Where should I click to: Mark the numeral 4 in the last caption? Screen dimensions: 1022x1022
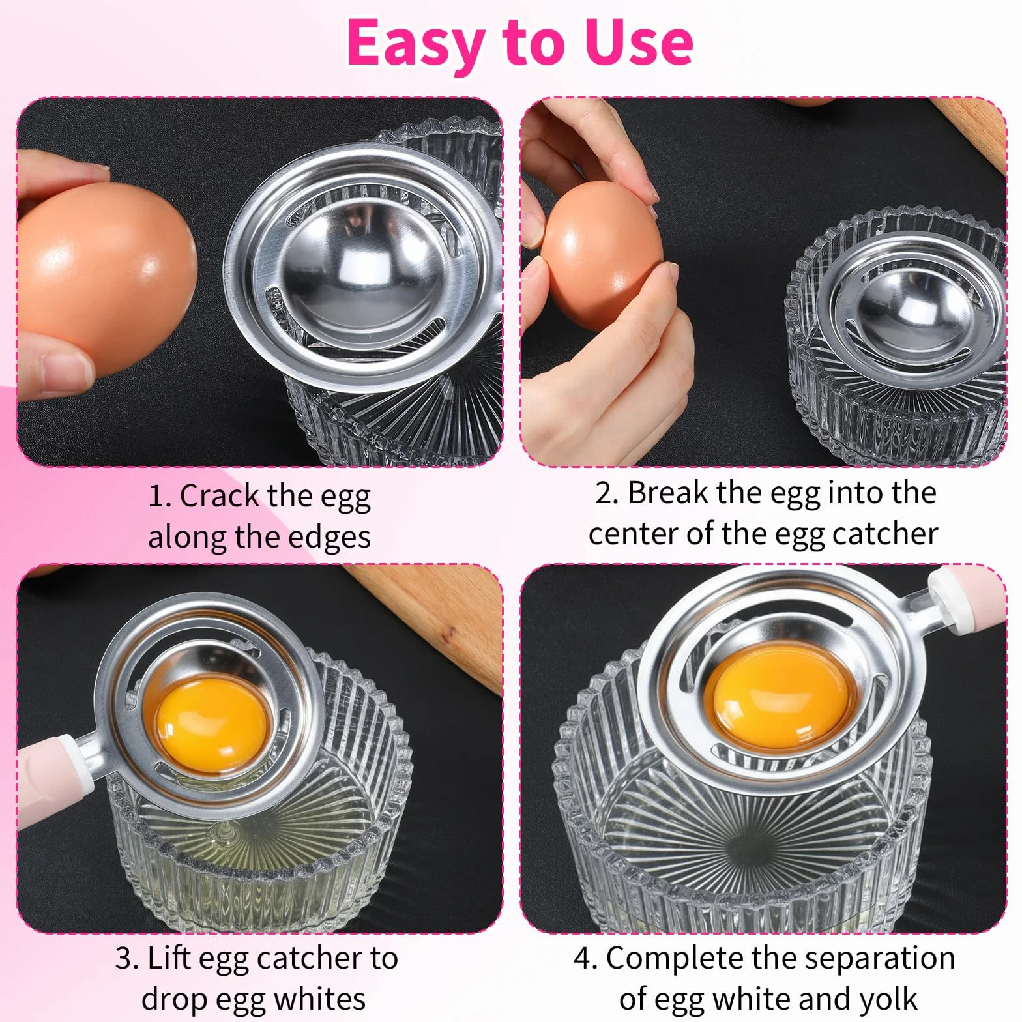582,959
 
